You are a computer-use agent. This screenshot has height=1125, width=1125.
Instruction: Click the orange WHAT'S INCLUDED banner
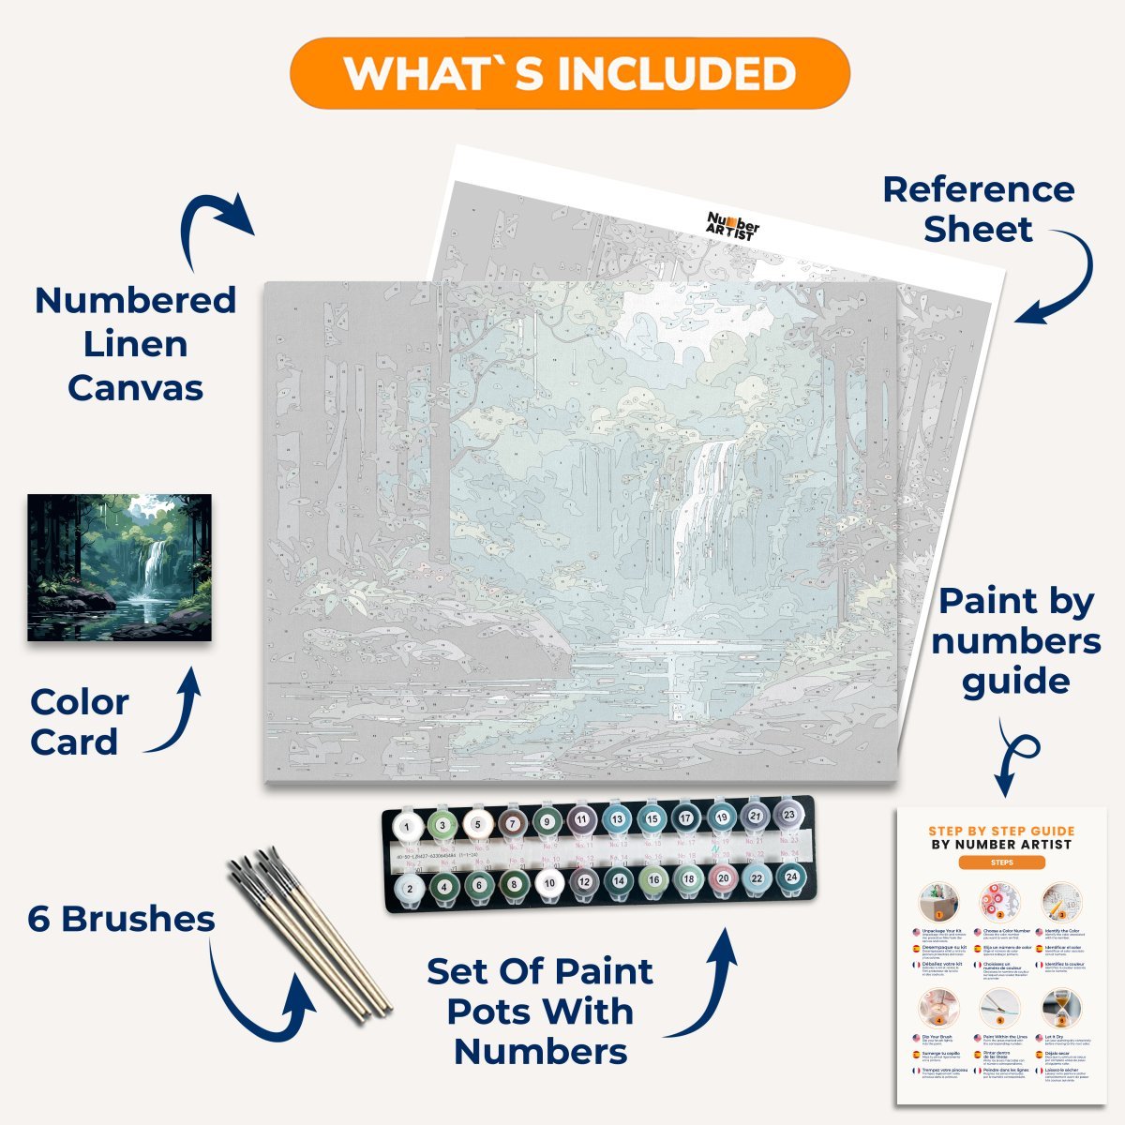click(569, 73)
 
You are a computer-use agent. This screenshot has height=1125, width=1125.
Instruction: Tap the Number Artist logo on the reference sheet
click(732, 226)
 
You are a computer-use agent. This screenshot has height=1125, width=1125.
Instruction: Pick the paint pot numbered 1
click(406, 827)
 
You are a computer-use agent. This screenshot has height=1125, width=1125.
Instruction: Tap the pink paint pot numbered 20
click(722, 880)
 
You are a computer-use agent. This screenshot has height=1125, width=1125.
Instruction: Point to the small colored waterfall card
click(119, 568)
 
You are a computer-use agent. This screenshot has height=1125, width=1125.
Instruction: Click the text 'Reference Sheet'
click(978, 209)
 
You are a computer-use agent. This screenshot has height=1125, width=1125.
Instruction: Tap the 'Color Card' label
click(79, 722)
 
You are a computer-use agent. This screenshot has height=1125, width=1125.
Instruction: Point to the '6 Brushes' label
click(121, 919)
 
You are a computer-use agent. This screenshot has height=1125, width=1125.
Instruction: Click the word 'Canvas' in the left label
click(135, 387)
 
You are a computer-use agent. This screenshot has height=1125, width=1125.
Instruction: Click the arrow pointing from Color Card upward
click(178, 708)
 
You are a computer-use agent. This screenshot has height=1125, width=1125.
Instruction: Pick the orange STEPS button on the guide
click(1001, 862)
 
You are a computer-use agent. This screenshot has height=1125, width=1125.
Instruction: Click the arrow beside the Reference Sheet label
click(1059, 277)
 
